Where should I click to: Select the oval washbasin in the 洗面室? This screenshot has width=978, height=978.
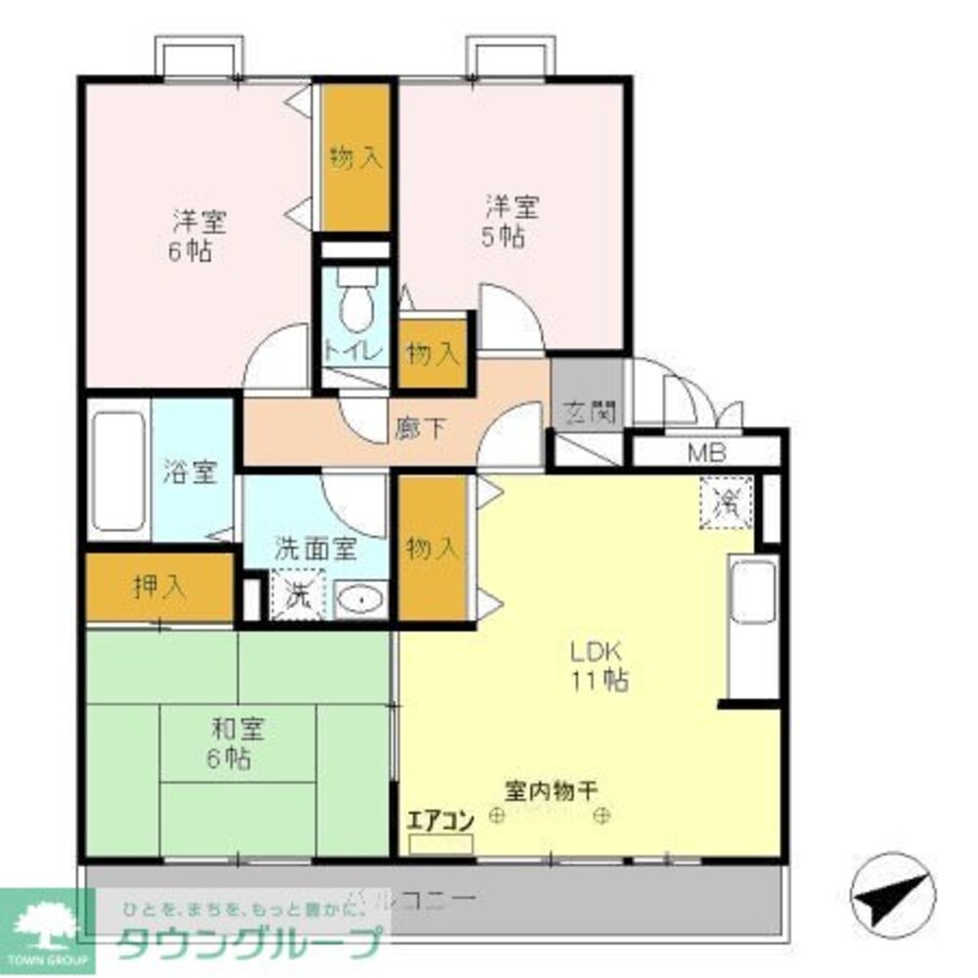coord(361,598)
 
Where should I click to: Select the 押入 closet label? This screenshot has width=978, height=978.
coord(157,588)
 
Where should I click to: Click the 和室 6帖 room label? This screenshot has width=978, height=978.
coord(237,742)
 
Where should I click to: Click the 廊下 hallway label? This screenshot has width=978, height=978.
coord(421,427)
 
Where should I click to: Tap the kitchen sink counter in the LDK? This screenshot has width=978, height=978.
coord(753,626)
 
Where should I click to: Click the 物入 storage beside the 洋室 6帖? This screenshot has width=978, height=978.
coord(355,158)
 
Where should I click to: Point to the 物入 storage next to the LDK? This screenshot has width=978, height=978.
coord(431,548)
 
